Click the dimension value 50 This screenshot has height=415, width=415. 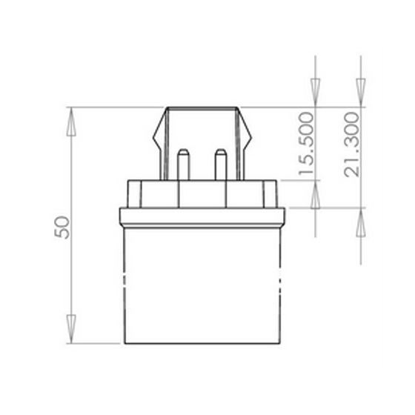65,227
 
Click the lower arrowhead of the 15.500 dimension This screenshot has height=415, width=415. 315,197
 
